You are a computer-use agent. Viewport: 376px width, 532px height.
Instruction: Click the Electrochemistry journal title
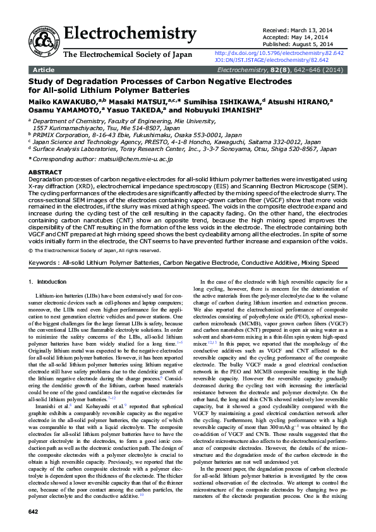(130, 33)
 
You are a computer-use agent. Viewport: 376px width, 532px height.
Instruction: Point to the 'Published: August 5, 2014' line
(297, 44)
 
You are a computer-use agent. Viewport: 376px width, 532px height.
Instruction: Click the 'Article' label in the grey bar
(43, 70)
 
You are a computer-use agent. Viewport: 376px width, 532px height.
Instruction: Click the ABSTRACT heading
(45, 172)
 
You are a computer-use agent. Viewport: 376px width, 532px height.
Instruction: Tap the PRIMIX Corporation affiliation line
(138, 135)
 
